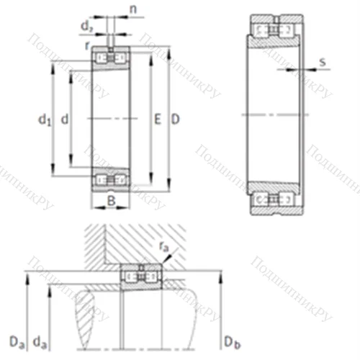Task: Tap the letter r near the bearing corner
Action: [x=86, y=45]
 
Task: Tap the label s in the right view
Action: [x=322, y=62]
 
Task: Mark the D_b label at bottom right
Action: [x=228, y=339]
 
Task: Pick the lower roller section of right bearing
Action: [x=275, y=199]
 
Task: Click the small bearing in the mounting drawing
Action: [x=141, y=276]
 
